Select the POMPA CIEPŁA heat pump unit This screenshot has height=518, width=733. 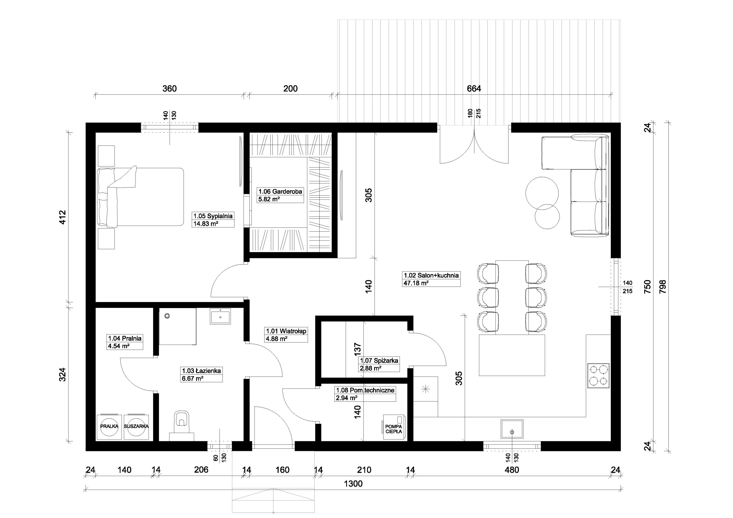point(393,427)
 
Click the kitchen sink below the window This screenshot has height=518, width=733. point(512,430)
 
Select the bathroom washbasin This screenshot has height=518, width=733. point(220,316)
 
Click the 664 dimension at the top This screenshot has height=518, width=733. point(474,88)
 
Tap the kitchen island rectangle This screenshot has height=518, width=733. point(512,355)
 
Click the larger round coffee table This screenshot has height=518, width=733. point(542,194)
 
